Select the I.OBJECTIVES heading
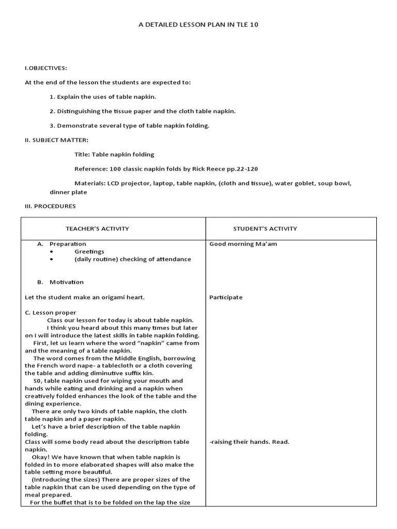45,68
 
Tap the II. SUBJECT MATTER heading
56,140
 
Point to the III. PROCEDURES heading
50,206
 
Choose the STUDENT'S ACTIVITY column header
265,228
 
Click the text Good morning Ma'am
243,244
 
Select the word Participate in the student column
226,298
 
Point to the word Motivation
67,282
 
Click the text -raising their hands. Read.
249,442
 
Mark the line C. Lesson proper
50,313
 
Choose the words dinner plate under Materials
68,192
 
